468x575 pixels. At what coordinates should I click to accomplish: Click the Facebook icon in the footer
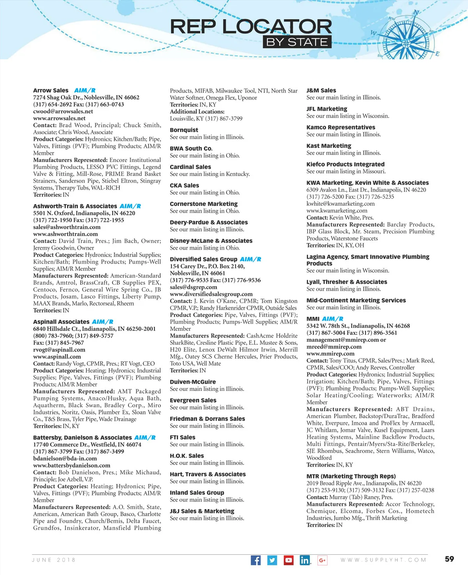pyautogui.click(x=255, y=560)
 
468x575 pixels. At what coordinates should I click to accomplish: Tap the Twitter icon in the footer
pyautogui.click(x=272, y=560)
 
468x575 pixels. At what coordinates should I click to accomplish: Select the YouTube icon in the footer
pyautogui.click(x=289, y=560)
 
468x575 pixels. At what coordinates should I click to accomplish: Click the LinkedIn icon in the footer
pyautogui.click(x=305, y=560)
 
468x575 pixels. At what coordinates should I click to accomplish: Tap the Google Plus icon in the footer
pyautogui.click(x=322, y=560)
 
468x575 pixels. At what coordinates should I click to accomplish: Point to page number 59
pyautogui.click(x=449, y=559)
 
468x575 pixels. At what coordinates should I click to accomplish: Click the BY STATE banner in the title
pyautogui.click(x=297, y=42)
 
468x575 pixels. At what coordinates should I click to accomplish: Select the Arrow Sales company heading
pyautogui.click(x=51, y=91)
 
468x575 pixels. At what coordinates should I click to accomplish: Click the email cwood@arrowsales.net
pyautogui.click(x=63, y=112)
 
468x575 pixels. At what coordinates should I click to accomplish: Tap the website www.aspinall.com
pyautogui.click(x=57, y=357)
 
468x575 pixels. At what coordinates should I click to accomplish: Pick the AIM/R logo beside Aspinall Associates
pyautogui.click(x=103, y=322)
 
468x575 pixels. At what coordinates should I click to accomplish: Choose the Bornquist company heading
pyautogui.click(x=184, y=130)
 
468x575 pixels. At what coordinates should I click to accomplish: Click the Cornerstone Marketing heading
pyautogui.click(x=204, y=204)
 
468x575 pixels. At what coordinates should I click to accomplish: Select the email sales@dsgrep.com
pyautogui.click(x=193, y=287)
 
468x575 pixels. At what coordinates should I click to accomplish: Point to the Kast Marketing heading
pyautogui.click(x=329, y=146)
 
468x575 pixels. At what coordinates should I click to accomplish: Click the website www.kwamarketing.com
pyautogui.click(x=337, y=211)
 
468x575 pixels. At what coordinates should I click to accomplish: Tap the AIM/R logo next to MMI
pyautogui.click(x=333, y=319)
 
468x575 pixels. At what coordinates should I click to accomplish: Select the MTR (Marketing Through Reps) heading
pyautogui.click(x=351, y=476)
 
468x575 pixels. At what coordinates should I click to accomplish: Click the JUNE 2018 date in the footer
pyautogui.click(x=54, y=560)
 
